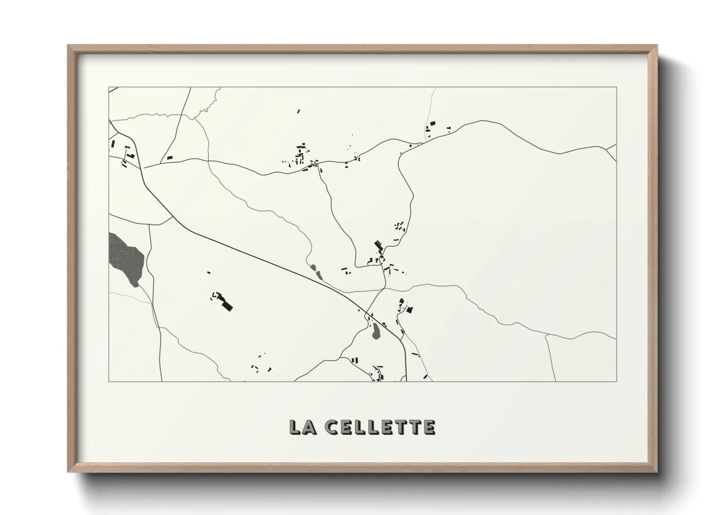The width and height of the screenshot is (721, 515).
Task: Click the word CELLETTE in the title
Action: click(x=381, y=427)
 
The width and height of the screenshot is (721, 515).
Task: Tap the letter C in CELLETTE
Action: click(x=333, y=427)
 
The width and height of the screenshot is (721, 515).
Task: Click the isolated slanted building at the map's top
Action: click(x=299, y=111)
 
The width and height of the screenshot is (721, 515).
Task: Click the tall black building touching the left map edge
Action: click(x=113, y=144)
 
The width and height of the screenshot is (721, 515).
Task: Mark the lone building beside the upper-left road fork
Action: click(x=170, y=157)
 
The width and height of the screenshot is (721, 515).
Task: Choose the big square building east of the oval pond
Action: click(x=409, y=309)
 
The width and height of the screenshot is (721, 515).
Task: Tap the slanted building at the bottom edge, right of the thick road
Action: click(x=425, y=377)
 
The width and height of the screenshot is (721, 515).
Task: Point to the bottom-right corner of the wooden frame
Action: click(x=656, y=471)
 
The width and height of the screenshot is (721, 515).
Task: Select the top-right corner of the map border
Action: click(x=617, y=87)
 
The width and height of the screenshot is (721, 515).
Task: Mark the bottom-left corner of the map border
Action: click(x=109, y=381)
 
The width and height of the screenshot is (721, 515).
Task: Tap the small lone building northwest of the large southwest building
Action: click(x=209, y=273)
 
